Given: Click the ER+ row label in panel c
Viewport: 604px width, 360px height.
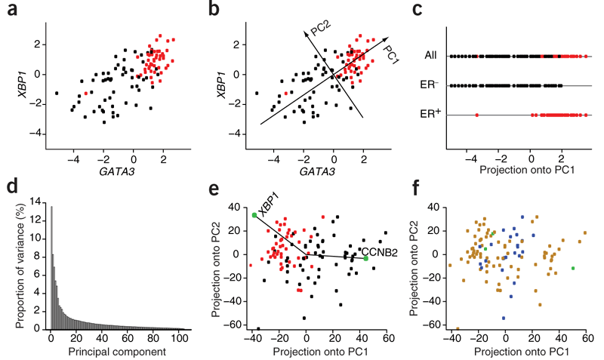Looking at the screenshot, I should pos(430,115).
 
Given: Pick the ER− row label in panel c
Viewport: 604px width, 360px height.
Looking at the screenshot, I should pos(430,85).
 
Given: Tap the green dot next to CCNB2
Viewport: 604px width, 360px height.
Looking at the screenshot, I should pos(365,258).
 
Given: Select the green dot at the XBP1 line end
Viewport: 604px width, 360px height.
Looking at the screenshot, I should pos(254,215).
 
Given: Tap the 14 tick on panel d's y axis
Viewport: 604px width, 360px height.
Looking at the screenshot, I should pos(36,200).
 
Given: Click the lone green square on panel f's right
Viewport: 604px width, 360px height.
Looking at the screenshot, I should pos(574,268).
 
